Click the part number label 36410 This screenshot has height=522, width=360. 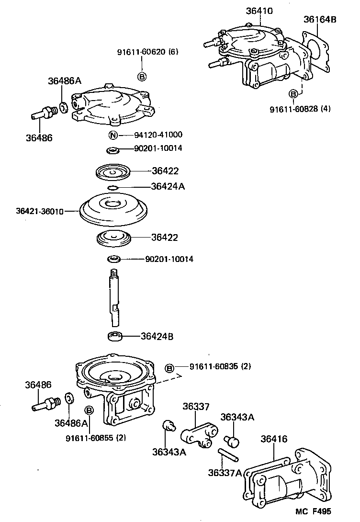[x=259, y=11]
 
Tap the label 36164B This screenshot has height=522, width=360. [x=320, y=20]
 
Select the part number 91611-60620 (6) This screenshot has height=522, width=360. [x=147, y=52]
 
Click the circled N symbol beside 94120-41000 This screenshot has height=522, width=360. [x=113, y=135]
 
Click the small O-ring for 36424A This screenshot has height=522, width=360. [x=112, y=187]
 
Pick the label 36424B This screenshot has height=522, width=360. [x=157, y=336]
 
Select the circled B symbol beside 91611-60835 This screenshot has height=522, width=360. [x=169, y=368]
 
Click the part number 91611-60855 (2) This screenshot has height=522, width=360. [x=96, y=437]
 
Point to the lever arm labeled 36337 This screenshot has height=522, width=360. [x=197, y=434]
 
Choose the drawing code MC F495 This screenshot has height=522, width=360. [x=313, y=511]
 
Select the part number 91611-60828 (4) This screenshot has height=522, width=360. [x=300, y=109]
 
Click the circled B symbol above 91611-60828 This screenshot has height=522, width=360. [x=293, y=93]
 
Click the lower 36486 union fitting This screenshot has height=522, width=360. [x=46, y=403]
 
